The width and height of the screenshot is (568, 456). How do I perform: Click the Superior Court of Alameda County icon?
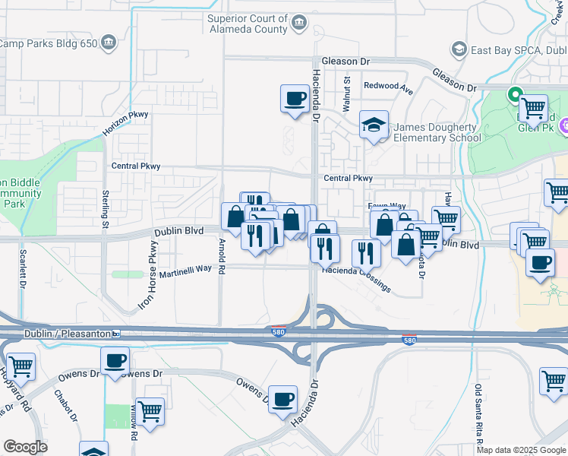click(300, 23)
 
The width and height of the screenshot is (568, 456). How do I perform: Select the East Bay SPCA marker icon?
click(459, 49)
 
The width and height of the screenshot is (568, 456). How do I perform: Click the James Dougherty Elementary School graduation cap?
click(374, 125)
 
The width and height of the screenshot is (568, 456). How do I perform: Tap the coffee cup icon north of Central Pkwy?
click(295, 98)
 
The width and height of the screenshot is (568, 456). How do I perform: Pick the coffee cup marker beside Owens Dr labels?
click(115, 361)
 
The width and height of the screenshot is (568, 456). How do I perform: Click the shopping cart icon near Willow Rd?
click(150, 412)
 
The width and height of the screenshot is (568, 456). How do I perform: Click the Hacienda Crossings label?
click(355, 279)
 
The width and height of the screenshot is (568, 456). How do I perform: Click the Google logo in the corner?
click(26, 447)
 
